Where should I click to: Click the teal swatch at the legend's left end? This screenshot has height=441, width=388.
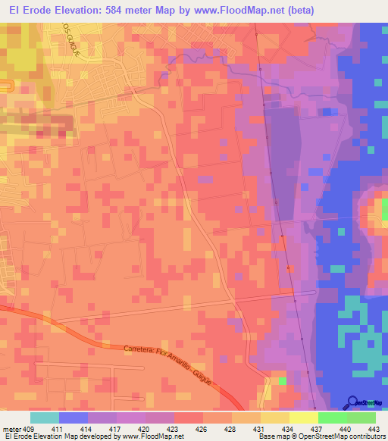45,418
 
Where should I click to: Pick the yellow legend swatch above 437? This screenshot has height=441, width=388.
304,418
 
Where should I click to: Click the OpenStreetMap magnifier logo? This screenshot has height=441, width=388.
354,402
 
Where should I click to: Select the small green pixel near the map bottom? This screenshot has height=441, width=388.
283,381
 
